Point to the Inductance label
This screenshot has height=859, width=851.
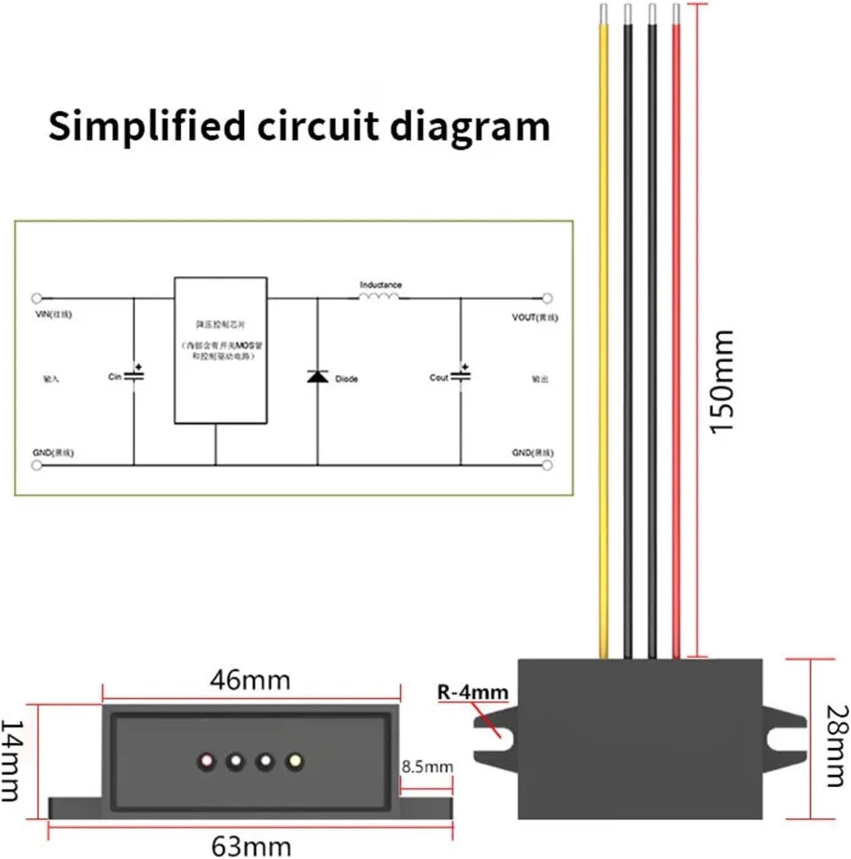coord(380,284)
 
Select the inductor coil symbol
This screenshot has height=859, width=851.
coord(379,296)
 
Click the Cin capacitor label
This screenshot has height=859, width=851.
coord(114,377)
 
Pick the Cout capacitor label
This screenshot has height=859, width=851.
coord(439,377)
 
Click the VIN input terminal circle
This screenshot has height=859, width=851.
coord(36,298)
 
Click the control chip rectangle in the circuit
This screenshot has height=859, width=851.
coord(221,350)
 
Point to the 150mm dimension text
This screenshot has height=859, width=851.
coord(723,382)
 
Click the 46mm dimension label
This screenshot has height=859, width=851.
coord(250,680)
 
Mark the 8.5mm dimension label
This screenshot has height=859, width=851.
coord(427,766)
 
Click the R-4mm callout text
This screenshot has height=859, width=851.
coord(473,692)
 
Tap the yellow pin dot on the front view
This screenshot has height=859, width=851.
coord(295,761)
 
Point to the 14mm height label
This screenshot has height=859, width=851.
coord(11,760)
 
